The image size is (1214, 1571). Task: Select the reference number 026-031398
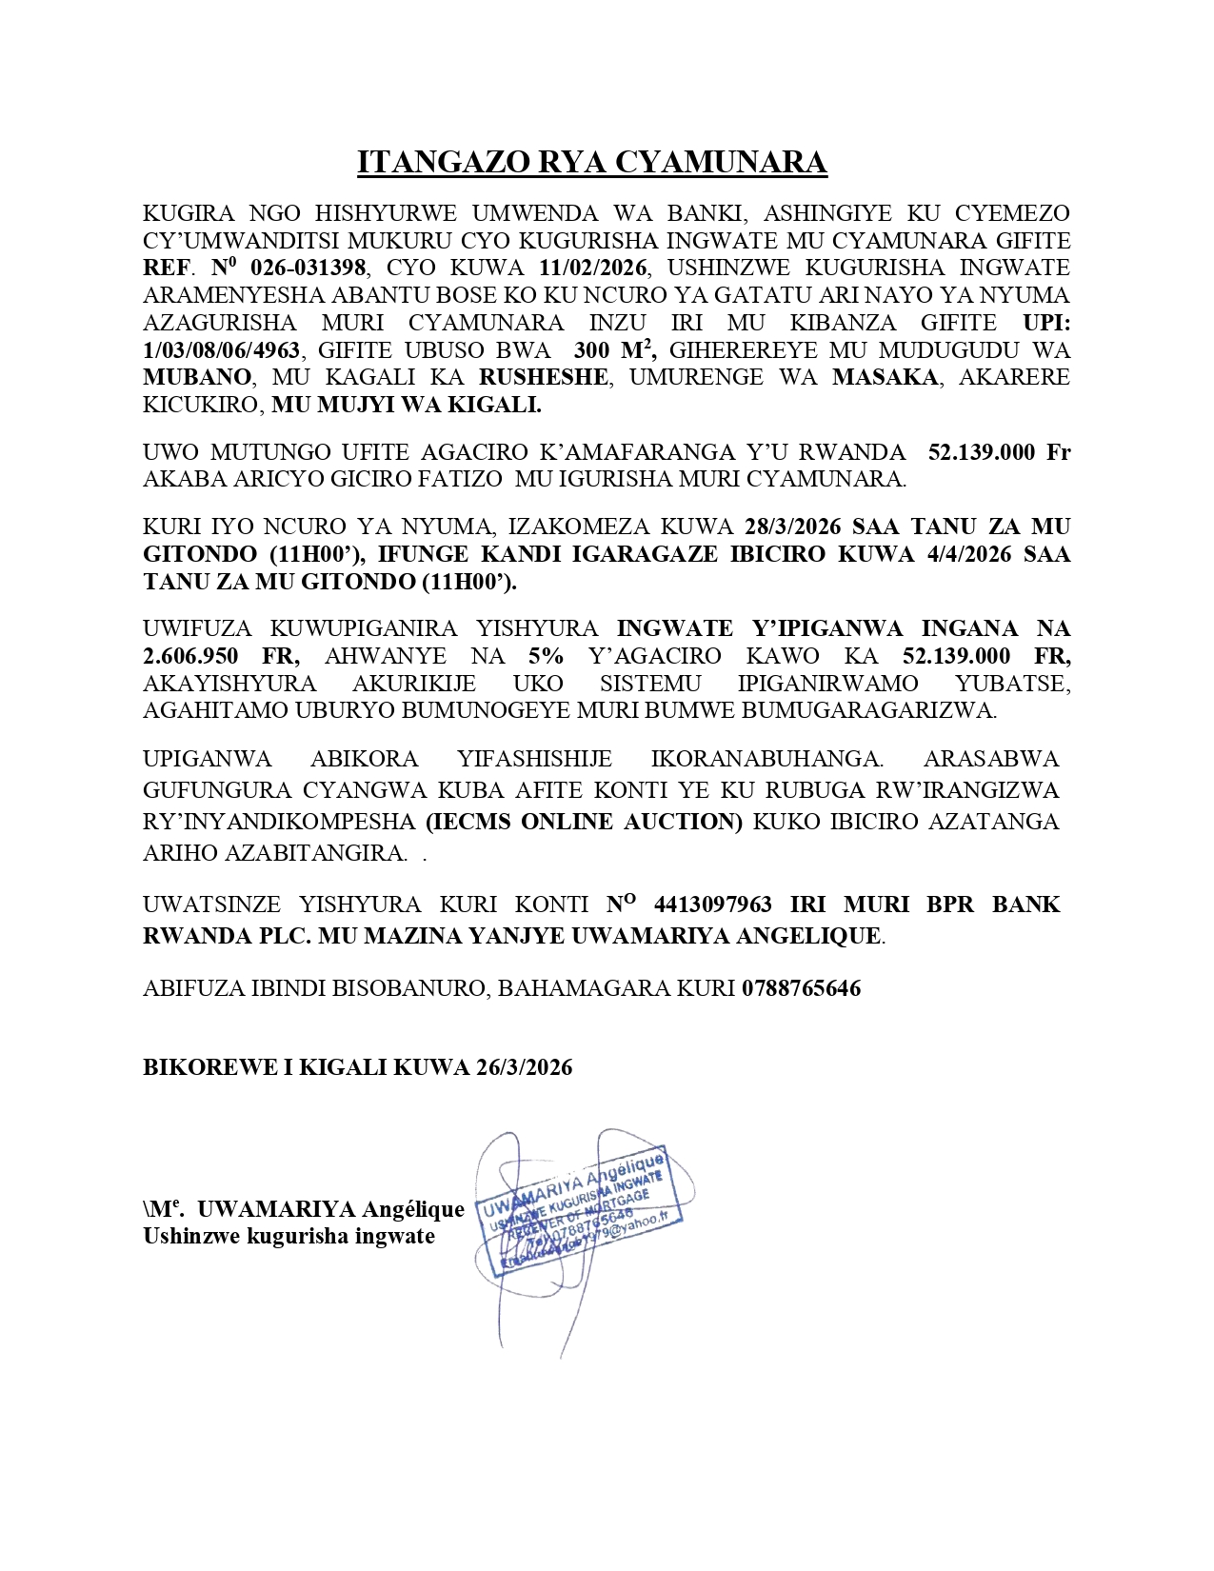308,268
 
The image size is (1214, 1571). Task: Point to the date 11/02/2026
593,268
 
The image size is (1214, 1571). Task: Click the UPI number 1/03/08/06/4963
222,350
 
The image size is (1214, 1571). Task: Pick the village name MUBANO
197,377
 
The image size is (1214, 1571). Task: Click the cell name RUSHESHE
543,377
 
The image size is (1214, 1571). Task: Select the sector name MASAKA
886,377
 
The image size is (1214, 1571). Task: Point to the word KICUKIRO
201,405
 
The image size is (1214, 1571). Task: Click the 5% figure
546,656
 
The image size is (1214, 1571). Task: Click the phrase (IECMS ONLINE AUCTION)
584,822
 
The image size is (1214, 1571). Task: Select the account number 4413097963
713,905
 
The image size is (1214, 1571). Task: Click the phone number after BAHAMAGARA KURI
801,988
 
